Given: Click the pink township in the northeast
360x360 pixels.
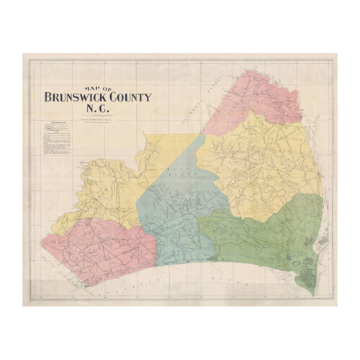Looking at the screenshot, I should click(x=245, y=101).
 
